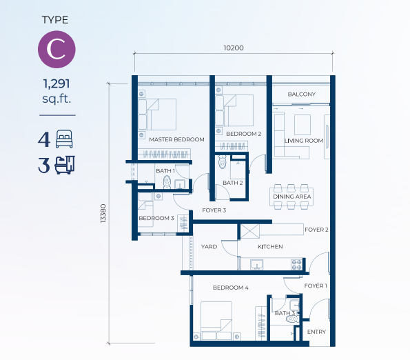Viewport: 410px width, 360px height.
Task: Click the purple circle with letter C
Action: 57,50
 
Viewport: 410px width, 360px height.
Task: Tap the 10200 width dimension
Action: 234,48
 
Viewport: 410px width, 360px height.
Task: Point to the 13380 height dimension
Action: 103,213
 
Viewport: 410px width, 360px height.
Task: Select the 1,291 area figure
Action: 57,83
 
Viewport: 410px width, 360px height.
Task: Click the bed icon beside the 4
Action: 64,139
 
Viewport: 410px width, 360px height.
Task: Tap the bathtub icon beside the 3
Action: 65,165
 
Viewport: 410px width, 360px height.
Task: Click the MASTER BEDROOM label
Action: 177,139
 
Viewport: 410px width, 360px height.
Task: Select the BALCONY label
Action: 302,94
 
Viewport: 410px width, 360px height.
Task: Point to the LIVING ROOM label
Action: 304,141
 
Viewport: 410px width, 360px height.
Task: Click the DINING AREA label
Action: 292,197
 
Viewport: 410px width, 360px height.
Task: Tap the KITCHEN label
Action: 270,247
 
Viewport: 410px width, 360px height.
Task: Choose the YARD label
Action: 209,247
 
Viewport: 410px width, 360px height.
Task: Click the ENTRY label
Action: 316,332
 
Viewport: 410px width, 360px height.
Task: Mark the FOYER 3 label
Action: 214,210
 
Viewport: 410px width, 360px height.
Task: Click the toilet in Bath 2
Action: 223,161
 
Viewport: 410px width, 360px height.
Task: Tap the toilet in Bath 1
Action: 167,182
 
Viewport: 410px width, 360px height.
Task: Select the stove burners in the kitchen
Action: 297,265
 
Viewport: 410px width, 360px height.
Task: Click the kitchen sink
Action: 256,265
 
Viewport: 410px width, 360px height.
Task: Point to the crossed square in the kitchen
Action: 250,231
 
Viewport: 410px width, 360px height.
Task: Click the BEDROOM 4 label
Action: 231,288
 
